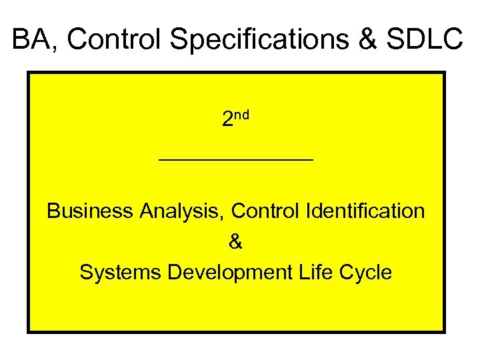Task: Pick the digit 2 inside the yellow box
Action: coord(227,120)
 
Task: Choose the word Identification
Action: coord(365,211)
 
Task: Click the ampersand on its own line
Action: coord(236,242)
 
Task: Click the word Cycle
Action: coord(366,273)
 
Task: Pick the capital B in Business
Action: coord(53,211)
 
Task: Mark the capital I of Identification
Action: coord(308,211)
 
